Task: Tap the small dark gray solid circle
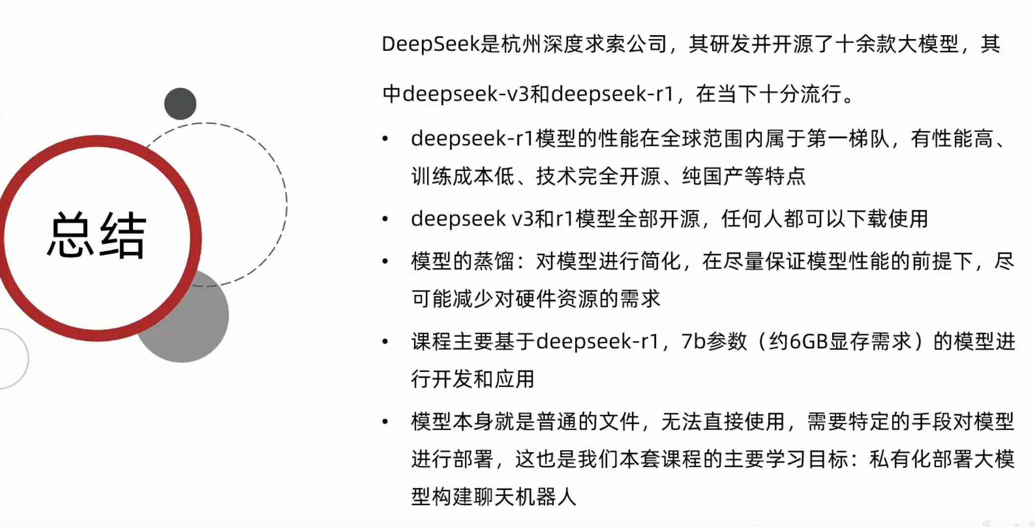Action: (x=180, y=104)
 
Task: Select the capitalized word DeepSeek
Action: (x=430, y=44)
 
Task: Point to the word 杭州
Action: (x=521, y=44)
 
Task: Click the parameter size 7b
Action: (x=693, y=341)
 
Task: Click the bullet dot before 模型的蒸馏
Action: (x=385, y=262)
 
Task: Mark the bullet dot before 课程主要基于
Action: (x=385, y=341)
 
